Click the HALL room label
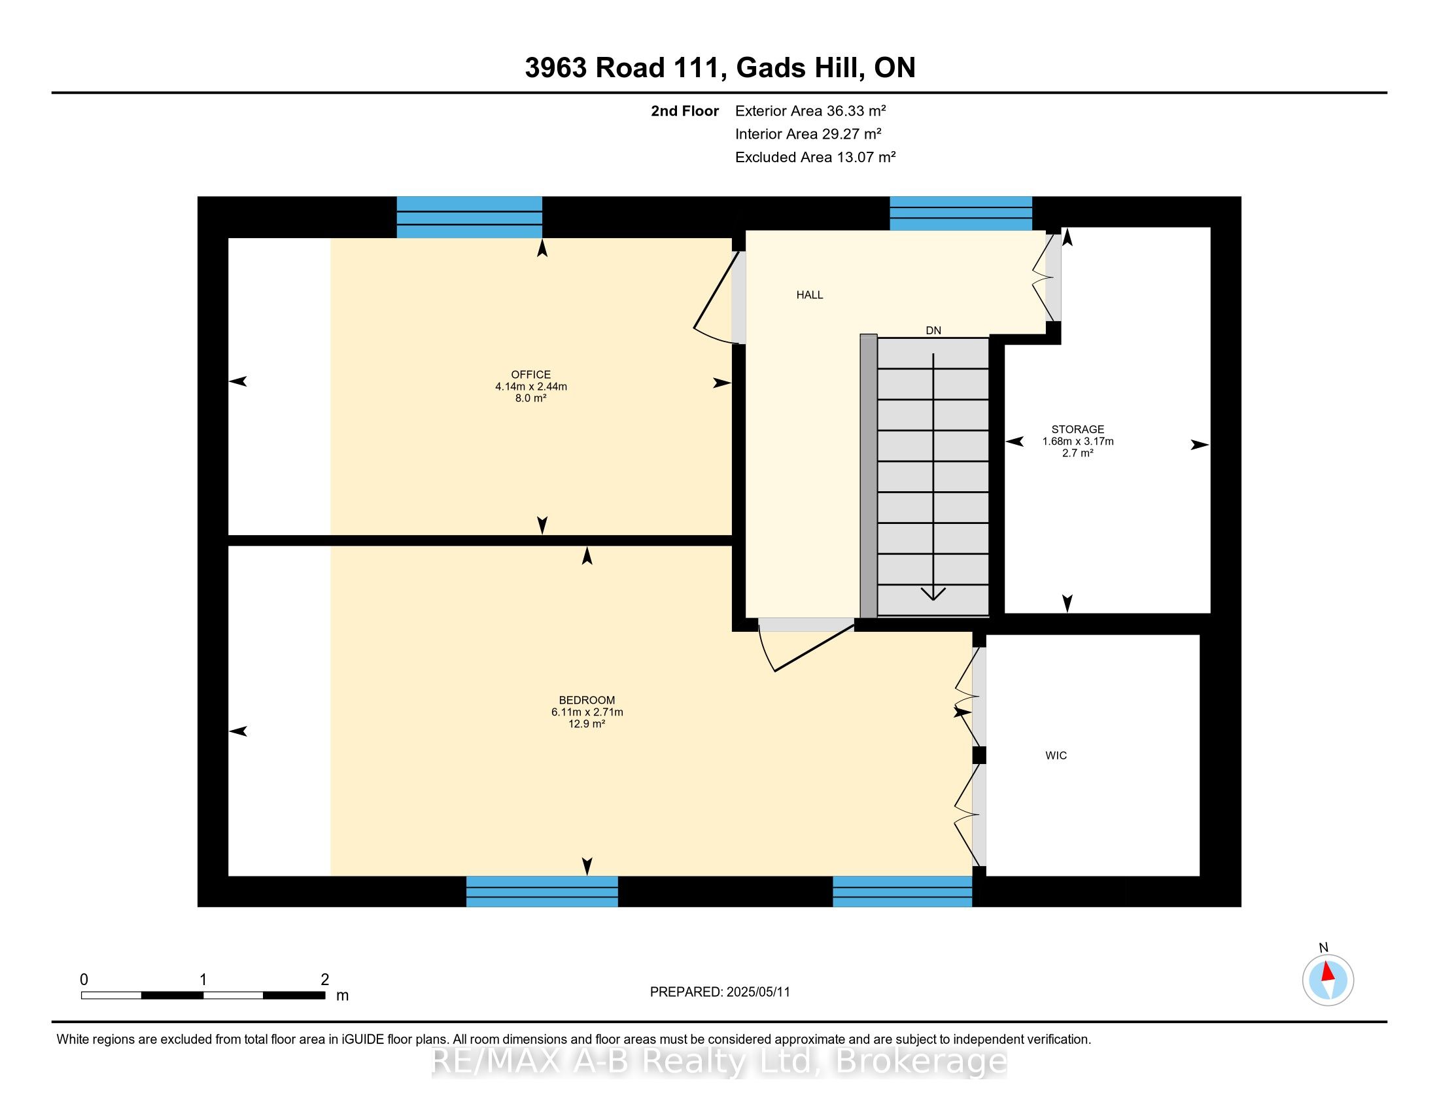[810, 295]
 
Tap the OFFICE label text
[530, 375]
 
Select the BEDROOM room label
[587, 701]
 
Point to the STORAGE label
[1077, 430]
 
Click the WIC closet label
[1056, 756]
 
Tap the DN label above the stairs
[933, 331]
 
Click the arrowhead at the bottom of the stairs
[933, 593]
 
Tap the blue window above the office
[469, 217]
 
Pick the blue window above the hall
[961, 213]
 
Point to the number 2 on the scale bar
[325, 980]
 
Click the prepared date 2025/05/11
[757, 992]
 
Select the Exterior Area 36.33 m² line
[810, 111]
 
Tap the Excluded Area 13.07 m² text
[815, 157]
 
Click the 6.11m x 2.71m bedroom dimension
[587, 712]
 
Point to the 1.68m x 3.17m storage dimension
[1078, 442]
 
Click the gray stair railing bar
[869, 476]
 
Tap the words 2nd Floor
[685, 111]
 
